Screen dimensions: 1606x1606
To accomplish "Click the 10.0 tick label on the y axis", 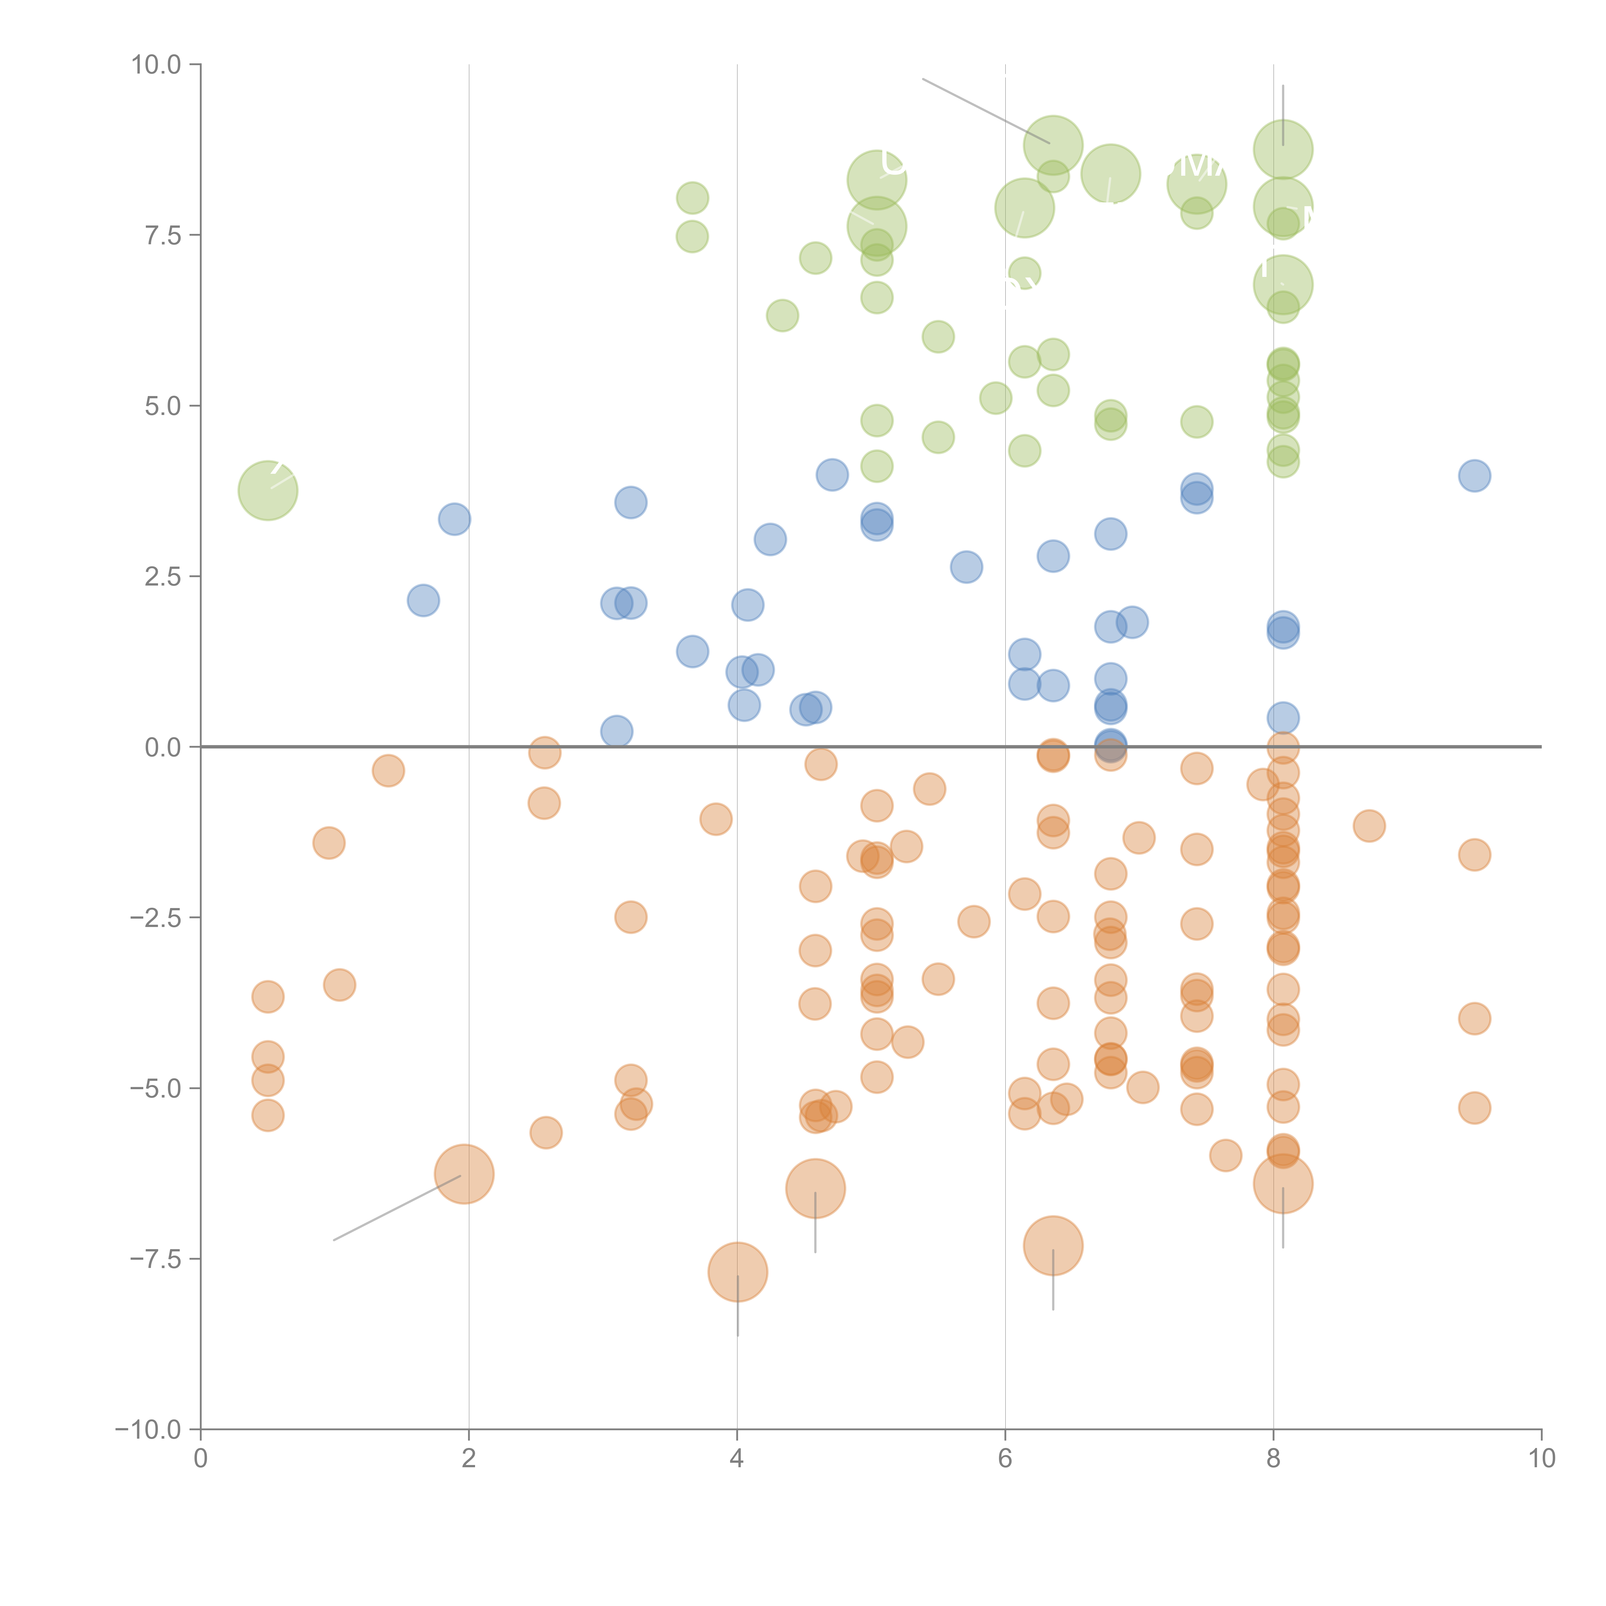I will [x=156, y=65].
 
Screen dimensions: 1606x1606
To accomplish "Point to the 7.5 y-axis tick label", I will [x=163, y=235].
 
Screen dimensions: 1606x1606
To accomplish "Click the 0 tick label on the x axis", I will [x=200, y=1459].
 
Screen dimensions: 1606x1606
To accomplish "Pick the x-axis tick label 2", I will [x=469, y=1459].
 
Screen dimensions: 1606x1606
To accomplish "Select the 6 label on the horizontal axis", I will [x=1005, y=1459].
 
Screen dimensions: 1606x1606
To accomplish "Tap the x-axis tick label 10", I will [x=1541, y=1459].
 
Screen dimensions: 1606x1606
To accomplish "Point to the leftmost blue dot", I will [x=423, y=600].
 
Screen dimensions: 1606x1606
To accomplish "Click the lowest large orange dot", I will [x=737, y=1272].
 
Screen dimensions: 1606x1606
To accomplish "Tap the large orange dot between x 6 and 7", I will [x=1053, y=1245].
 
